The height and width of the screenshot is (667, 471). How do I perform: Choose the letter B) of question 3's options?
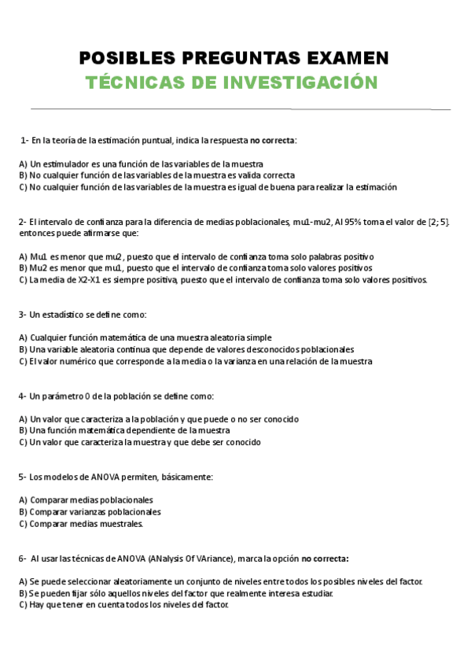click(x=23, y=349)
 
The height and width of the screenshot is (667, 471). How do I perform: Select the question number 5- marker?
click(x=23, y=477)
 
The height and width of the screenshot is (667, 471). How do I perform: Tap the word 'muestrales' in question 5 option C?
click(x=118, y=523)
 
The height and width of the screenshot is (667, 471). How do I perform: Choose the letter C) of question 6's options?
click(x=23, y=605)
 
